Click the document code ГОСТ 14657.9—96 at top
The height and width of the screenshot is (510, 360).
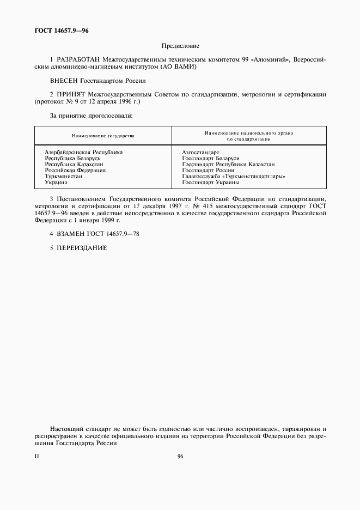[61, 31]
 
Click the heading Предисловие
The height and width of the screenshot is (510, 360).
[180, 46]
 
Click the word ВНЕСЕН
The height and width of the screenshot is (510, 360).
[63, 81]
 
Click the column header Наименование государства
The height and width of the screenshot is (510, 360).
[103, 136]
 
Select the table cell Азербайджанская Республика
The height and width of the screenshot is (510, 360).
[83, 153]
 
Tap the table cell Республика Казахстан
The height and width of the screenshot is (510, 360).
[74, 164]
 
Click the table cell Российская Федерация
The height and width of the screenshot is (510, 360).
[75, 170]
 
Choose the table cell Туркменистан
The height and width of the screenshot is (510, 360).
[64, 176]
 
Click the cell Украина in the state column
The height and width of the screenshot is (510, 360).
[56, 182]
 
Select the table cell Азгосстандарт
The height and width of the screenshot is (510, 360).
[200, 153]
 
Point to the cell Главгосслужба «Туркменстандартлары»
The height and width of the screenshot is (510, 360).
[234, 176]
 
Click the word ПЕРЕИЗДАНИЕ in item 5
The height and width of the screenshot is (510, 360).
[81, 248]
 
